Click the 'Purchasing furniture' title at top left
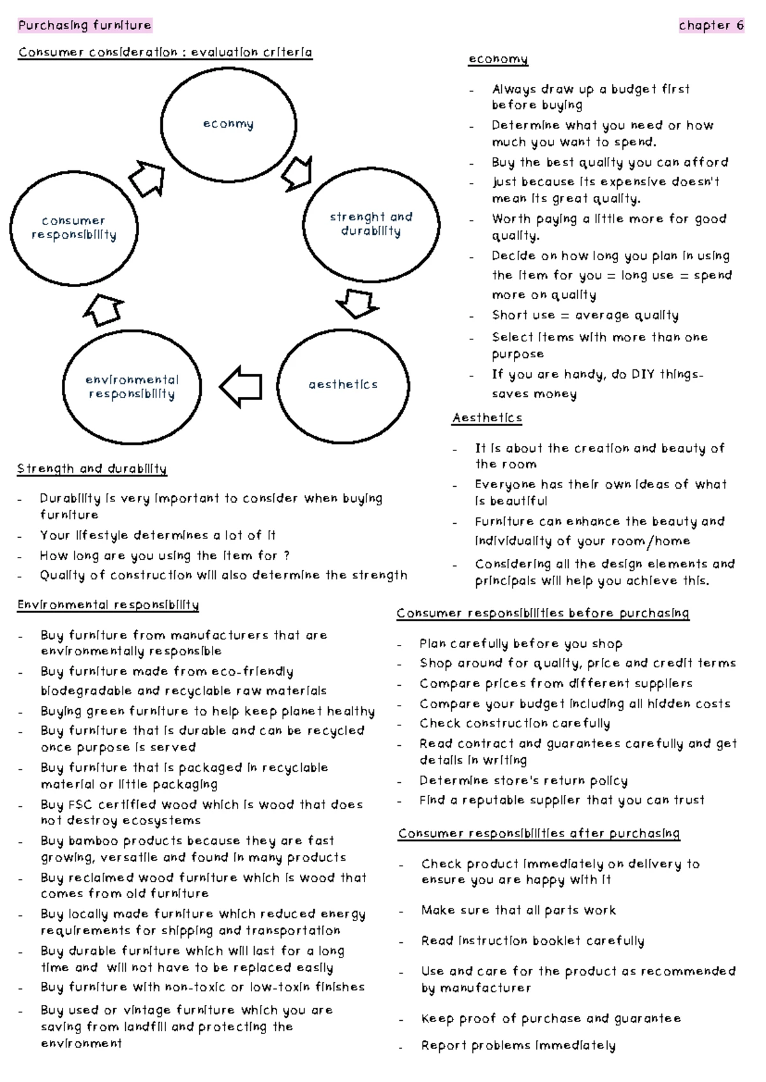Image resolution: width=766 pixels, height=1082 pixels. [85, 26]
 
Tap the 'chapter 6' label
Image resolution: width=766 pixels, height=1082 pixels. [711, 26]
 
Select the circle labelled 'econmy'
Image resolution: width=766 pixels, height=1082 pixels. [229, 124]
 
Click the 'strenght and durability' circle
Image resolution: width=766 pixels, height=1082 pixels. [371, 224]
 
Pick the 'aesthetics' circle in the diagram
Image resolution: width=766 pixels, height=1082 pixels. [343, 385]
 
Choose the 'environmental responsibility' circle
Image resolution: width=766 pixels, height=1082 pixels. [132, 387]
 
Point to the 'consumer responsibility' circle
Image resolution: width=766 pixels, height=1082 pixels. [74, 228]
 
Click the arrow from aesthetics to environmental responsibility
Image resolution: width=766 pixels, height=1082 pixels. [241, 387]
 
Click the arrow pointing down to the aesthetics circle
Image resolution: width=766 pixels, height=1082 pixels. [357, 302]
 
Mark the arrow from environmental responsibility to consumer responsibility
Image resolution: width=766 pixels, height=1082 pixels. [103, 311]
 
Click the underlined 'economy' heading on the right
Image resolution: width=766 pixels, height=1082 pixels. [498, 59]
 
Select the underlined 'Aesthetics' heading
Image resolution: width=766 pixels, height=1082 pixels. [487, 418]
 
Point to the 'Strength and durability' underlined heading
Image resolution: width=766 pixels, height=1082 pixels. [92, 469]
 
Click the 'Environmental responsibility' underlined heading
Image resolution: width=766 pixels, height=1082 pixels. [108, 605]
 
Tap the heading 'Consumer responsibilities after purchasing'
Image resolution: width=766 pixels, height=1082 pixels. [539, 834]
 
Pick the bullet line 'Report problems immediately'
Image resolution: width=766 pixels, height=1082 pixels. [518, 1046]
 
